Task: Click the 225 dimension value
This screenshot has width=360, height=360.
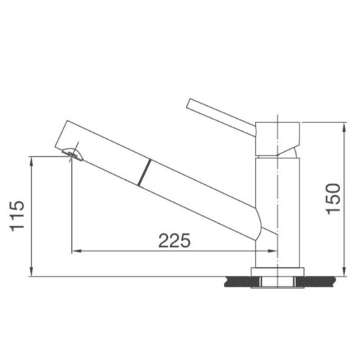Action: (x=175, y=241)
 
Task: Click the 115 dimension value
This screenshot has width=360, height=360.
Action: (x=19, y=215)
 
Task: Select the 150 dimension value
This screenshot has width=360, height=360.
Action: (x=333, y=199)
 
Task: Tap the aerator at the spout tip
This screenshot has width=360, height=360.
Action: (x=72, y=153)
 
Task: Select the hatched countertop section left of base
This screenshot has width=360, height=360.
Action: (x=238, y=278)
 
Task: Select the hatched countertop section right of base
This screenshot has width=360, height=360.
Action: (x=317, y=278)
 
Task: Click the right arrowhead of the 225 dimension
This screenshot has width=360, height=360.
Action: (x=274, y=251)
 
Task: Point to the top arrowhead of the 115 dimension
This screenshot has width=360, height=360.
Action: (x=32, y=161)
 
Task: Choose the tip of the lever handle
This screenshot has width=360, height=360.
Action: (x=189, y=103)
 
